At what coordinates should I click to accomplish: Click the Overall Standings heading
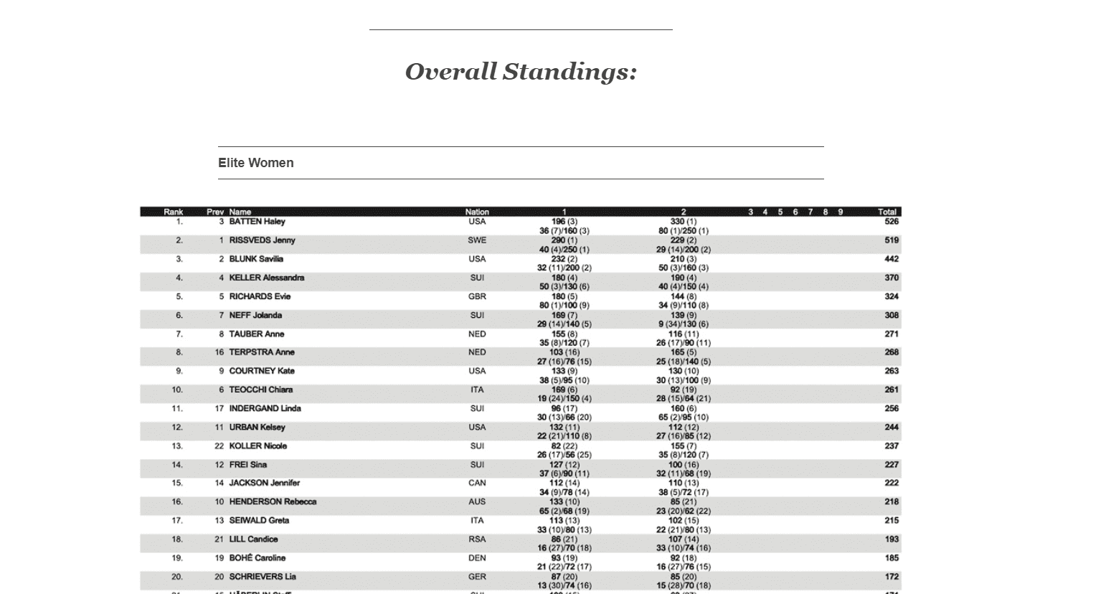click(x=521, y=72)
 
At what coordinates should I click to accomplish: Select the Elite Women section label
click(x=256, y=163)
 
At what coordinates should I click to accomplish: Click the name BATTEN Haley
click(x=257, y=222)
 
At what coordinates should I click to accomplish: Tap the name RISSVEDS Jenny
click(x=262, y=240)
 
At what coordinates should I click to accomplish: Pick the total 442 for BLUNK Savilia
click(x=891, y=259)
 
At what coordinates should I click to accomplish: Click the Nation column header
click(x=477, y=212)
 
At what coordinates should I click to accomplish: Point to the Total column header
click(x=887, y=212)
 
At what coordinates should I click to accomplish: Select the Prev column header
click(x=215, y=212)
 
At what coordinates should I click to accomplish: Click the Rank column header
click(x=173, y=212)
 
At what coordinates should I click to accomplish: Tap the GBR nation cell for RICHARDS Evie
click(x=477, y=296)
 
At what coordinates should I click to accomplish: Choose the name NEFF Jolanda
click(x=255, y=315)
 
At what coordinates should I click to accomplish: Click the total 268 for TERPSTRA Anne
click(x=891, y=352)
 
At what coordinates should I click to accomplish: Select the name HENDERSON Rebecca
click(x=273, y=501)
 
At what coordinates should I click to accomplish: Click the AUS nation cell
click(x=477, y=501)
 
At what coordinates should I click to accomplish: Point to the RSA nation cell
click(x=477, y=539)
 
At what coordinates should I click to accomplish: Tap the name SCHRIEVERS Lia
click(x=262, y=576)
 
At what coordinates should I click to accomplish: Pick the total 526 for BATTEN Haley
click(x=891, y=222)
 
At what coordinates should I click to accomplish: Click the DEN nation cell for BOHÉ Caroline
click(x=477, y=557)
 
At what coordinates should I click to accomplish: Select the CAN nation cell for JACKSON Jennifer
click(x=477, y=483)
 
